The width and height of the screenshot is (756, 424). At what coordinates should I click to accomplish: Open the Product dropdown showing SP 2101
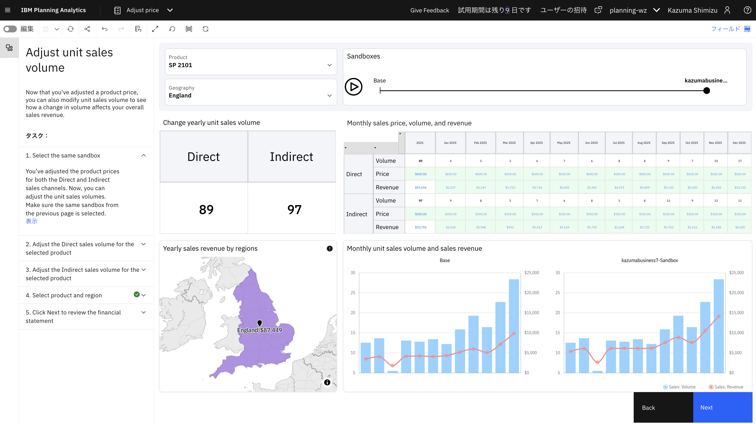tap(251, 62)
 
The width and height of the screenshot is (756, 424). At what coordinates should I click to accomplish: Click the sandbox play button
tap(353, 87)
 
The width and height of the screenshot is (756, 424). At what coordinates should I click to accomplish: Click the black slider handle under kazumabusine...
tap(707, 91)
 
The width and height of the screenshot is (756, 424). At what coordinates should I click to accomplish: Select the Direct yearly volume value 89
tap(206, 210)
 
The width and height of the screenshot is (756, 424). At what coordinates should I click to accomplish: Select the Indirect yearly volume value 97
tap(294, 210)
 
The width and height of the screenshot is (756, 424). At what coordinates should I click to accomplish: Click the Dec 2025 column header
tap(739, 143)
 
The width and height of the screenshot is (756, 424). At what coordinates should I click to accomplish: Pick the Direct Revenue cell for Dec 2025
tap(740, 187)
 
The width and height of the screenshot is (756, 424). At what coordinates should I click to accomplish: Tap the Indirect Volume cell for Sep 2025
tap(668, 201)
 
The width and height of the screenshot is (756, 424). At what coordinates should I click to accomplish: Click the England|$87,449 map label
tap(259, 330)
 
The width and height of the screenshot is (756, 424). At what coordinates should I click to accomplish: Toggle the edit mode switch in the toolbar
tap(10, 29)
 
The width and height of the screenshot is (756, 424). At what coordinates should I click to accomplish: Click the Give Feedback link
tap(429, 10)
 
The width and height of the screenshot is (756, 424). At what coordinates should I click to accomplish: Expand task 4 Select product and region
tap(143, 295)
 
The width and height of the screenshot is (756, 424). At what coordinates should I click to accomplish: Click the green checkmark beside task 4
tap(137, 294)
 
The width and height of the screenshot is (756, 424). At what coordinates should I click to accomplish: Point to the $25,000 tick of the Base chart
tap(531, 273)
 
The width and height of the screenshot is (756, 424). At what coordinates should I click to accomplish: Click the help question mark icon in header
tap(747, 10)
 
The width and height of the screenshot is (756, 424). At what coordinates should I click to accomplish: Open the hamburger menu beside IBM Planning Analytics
tap(8, 10)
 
